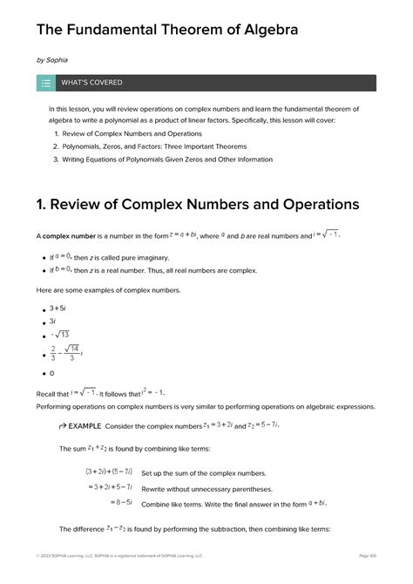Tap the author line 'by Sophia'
pos(52,60)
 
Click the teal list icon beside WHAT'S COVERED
pos(45,83)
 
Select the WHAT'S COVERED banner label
pos(91,83)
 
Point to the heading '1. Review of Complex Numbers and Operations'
pos(198,205)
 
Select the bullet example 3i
pos(53,322)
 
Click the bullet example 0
pos(51,373)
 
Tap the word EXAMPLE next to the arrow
pos(84,426)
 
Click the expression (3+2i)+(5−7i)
pos(109,472)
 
